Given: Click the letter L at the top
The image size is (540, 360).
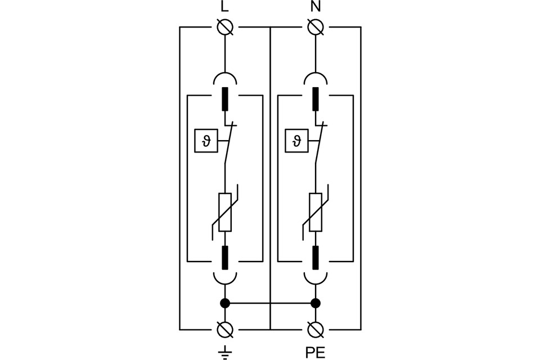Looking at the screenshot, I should tap(225, 7).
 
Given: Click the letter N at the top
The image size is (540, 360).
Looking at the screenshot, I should tap(316, 7).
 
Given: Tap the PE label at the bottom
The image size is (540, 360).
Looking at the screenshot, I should tap(315, 353).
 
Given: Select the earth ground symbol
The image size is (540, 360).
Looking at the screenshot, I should tap(225, 352).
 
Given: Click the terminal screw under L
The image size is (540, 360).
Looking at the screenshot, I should tap(225, 26).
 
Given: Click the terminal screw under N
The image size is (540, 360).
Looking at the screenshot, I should tap(316, 26).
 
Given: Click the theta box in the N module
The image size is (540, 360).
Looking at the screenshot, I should tap(295, 141).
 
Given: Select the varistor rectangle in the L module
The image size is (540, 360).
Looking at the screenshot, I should tap(225, 211).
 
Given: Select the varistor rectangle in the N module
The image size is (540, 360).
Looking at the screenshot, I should tap(316, 211).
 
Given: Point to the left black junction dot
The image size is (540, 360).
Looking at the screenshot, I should tap(225, 303).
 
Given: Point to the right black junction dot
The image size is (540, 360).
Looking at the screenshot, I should tap(316, 303).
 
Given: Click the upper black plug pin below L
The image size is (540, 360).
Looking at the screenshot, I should tap(225, 99).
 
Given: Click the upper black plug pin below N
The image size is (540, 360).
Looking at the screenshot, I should tap(316, 99).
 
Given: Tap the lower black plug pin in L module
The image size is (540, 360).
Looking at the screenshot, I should tap(225, 257).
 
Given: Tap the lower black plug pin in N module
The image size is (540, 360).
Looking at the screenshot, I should tap(316, 257).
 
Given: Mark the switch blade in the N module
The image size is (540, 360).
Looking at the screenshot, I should tap(319, 145).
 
